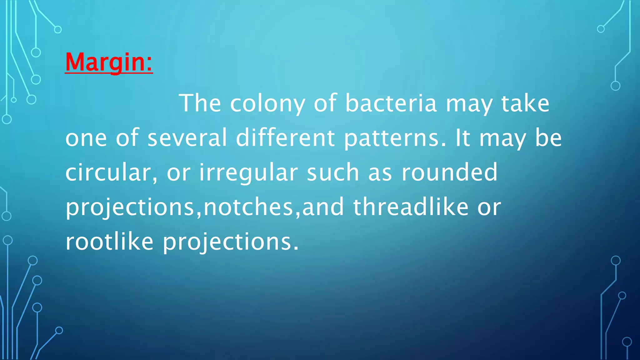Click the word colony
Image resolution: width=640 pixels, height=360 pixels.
point(267,103)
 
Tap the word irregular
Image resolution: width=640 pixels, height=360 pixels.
point(248,172)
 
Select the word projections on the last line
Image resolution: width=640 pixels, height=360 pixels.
point(231,242)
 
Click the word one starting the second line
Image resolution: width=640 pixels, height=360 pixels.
point(86,138)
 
